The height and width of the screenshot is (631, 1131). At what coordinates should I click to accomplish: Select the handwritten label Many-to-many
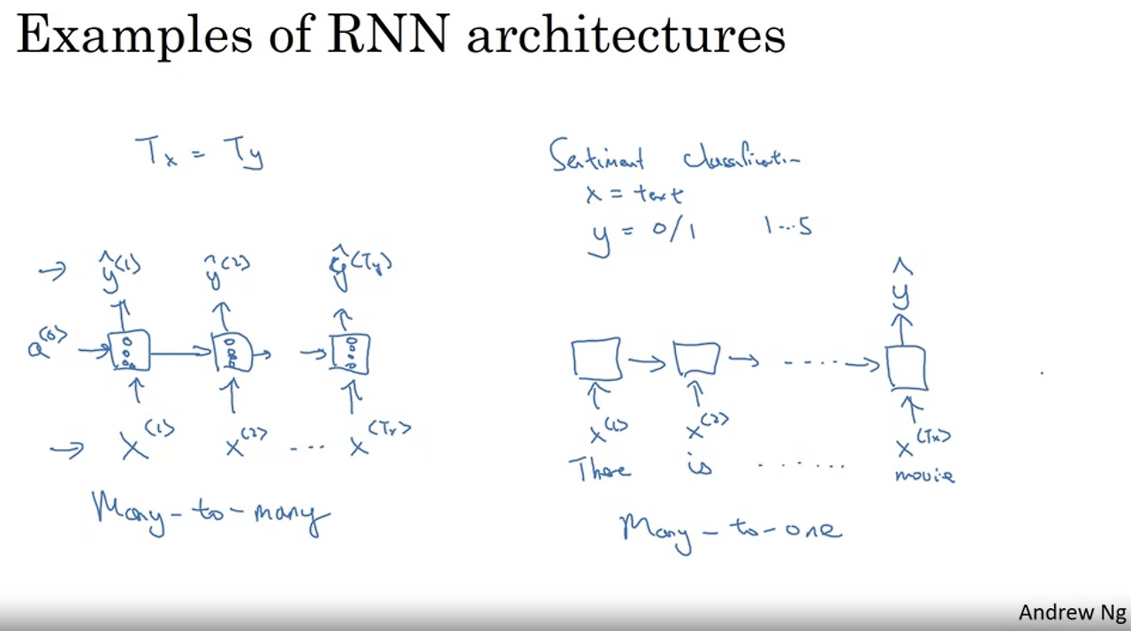click(x=210, y=512)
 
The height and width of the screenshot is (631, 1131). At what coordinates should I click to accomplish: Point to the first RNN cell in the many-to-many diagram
click(x=130, y=352)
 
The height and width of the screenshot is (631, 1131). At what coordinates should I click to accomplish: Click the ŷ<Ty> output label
click(x=361, y=268)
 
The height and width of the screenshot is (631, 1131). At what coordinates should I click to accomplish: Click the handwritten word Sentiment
click(x=597, y=156)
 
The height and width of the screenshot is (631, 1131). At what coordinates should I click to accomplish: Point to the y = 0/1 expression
click(x=643, y=233)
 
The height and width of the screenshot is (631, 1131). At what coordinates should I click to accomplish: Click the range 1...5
click(x=787, y=227)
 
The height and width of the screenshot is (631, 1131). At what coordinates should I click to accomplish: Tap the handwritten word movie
click(x=924, y=475)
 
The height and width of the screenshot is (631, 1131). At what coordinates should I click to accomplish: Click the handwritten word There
click(x=603, y=468)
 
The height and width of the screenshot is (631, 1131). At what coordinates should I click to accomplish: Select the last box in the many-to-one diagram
click(x=907, y=368)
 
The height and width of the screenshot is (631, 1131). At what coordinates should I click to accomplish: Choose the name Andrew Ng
click(x=1072, y=612)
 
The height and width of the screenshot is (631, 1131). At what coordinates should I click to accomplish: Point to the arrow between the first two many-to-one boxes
click(x=646, y=362)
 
